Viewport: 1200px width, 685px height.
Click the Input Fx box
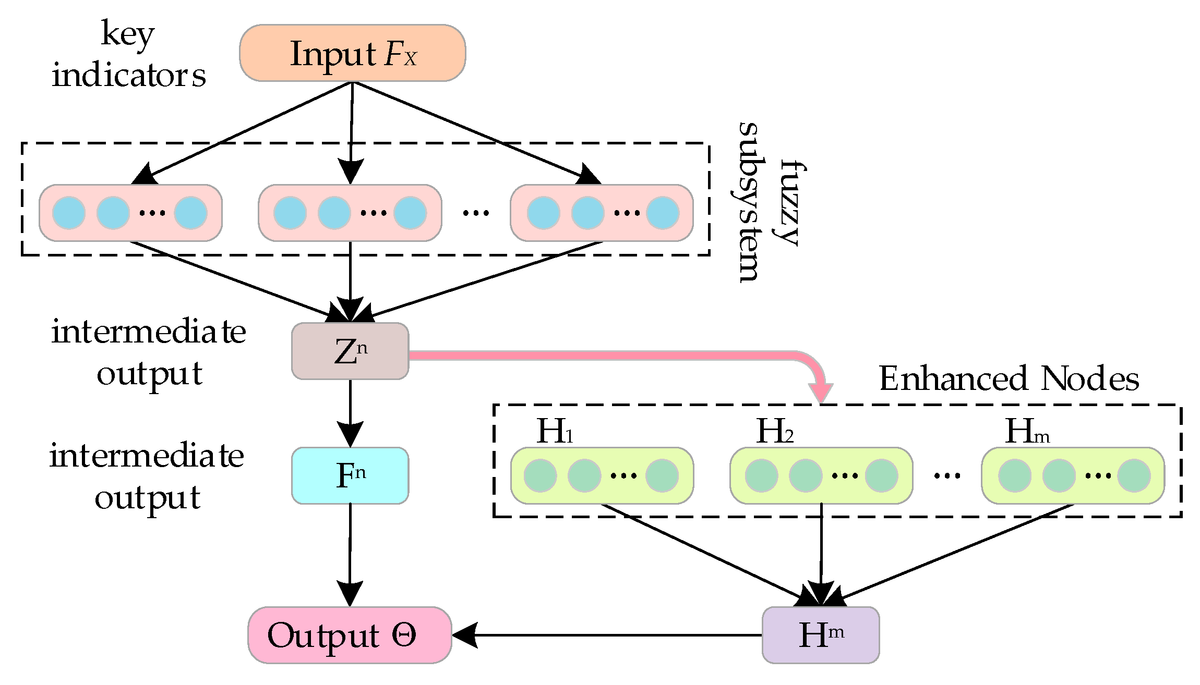(x=352, y=53)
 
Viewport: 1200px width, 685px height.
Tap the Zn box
(x=350, y=351)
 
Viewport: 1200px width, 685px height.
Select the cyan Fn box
(x=350, y=475)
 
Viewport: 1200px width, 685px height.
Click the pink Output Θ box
(x=350, y=635)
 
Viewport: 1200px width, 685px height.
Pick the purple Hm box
(x=820, y=635)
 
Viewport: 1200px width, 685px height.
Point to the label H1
(x=554, y=432)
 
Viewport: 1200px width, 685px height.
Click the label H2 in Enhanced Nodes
(x=774, y=432)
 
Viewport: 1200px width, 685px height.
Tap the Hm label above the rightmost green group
(x=1026, y=432)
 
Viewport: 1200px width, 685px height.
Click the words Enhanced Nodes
(x=1009, y=378)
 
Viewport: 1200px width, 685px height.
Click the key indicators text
(x=128, y=55)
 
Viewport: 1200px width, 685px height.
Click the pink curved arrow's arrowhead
(x=821, y=392)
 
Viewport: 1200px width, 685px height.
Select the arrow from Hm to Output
(x=605, y=635)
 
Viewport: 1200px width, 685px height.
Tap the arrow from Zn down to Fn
(x=350, y=412)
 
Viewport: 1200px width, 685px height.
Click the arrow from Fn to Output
(x=350, y=553)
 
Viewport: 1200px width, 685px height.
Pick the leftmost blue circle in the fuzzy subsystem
(x=69, y=213)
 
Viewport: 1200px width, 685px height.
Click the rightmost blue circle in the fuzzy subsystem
(x=663, y=213)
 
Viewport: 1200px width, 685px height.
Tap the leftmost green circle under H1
(x=540, y=475)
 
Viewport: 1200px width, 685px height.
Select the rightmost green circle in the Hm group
(x=1134, y=475)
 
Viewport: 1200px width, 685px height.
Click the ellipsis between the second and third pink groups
(x=476, y=213)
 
